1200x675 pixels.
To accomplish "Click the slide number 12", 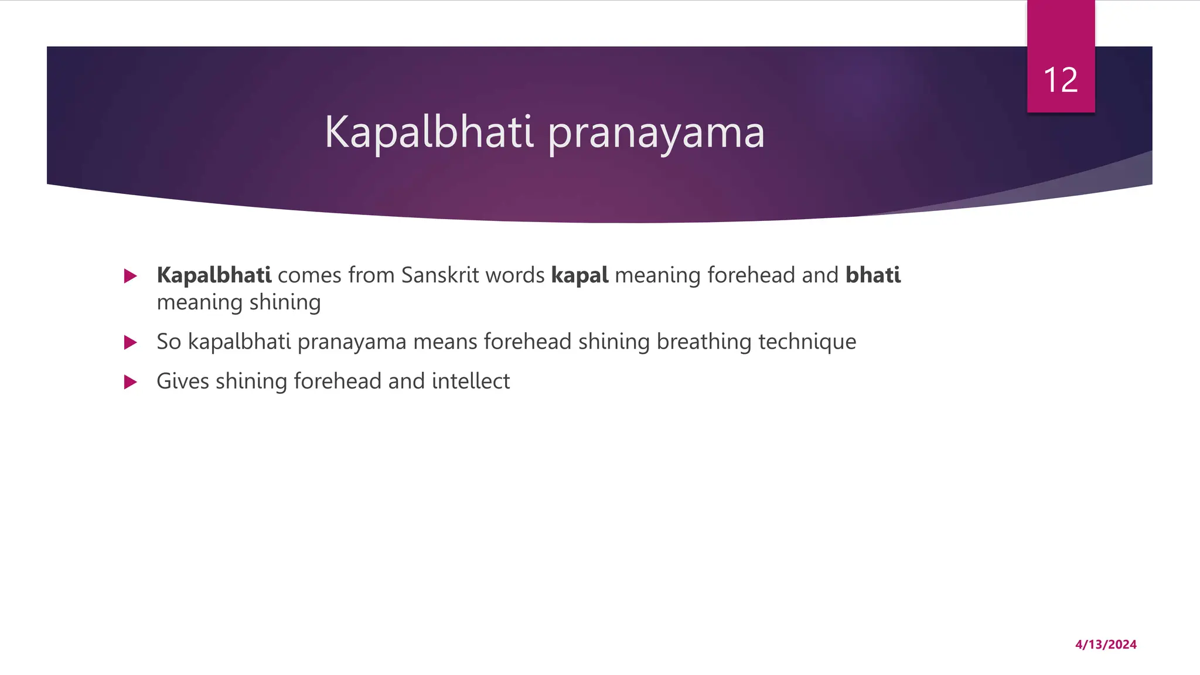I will tap(1061, 80).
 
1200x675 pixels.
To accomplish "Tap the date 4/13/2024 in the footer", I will tap(1106, 645).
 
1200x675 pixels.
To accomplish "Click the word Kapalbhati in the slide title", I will tap(429, 132).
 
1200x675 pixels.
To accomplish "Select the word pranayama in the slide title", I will tap(656, 134).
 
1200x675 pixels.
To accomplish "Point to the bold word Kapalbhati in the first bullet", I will tap(214, 275).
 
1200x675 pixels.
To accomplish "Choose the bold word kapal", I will tap(579, 275).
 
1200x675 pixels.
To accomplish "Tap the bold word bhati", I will tap(873, 275).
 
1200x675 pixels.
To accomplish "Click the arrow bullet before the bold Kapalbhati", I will tap(131, 276).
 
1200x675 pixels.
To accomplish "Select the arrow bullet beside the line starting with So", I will tap(131, 342).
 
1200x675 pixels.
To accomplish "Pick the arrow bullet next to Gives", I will tap(131, 382).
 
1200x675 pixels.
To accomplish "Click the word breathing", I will tap(704, 342).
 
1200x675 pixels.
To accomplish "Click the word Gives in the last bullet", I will tap(183, 381).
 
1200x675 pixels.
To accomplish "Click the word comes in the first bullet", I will tap(309, 275).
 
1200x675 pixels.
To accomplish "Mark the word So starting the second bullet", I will tap(169, 342).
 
